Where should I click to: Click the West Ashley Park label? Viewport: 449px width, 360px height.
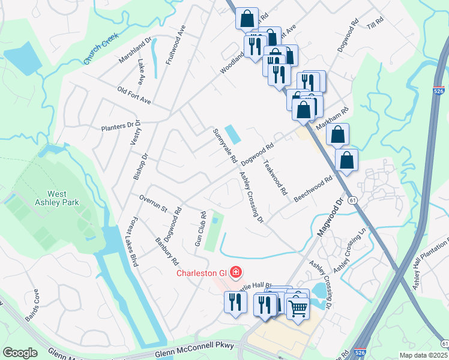point(65,199)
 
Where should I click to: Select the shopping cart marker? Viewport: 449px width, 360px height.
point(298,308)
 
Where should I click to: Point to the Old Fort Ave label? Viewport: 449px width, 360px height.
point(134,95)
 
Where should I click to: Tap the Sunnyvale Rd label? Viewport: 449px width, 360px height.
point(223,147)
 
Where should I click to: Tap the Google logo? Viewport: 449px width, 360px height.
point(20,352)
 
